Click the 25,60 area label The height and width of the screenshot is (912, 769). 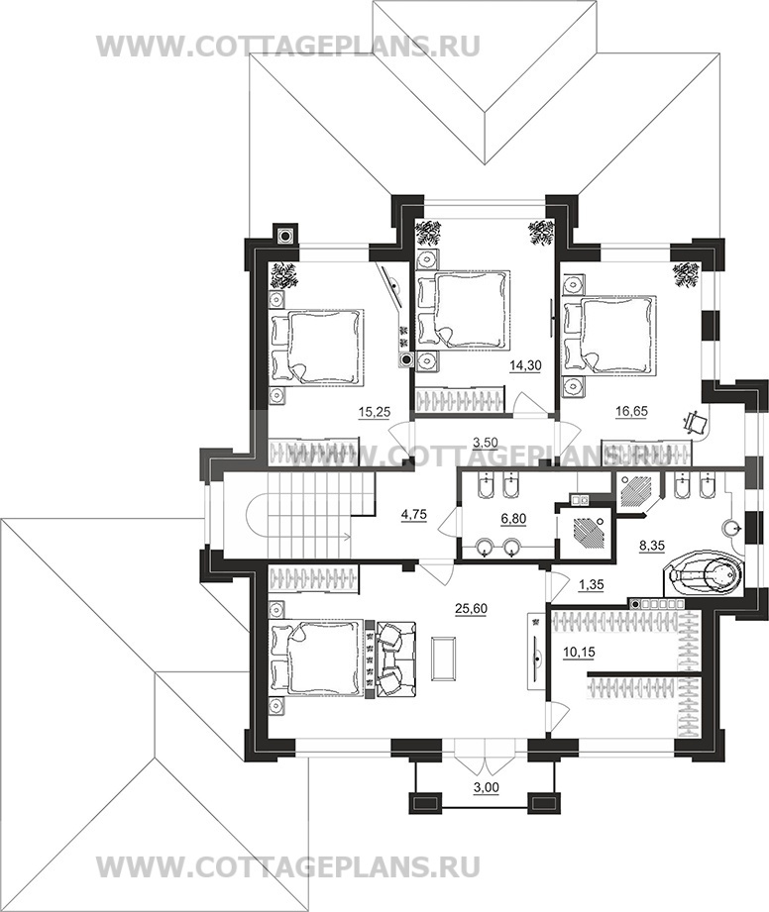[x=471, y=609]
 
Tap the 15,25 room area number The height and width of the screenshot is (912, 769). [x=374, y=412]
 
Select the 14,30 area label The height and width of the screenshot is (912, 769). [x=525, y=365]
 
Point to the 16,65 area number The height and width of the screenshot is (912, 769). [x=631, y=412]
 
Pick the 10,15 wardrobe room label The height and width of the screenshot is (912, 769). [x=579, y=653]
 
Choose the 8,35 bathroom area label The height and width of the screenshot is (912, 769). [x=651, y=546]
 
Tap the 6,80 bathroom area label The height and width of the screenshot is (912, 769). [x=513, y=517]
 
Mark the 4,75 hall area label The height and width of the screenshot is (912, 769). [x=415, y=514]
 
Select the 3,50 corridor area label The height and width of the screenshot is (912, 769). [x=485, y=443]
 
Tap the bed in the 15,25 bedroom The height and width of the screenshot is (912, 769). [x=316, y=347]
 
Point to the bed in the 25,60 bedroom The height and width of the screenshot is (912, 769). [x=316, y=658]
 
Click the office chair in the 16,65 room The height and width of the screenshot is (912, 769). [x=696, y=421]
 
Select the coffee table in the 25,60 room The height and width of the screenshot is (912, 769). [x=444, y=659]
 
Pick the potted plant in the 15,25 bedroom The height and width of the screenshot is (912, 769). [x=284, y=275]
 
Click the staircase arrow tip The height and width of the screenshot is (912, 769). [x=352, y=538]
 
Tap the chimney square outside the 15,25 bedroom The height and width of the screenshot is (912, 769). [x=285, y=236]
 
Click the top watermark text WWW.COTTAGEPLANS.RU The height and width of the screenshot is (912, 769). [x=288, y=46]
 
